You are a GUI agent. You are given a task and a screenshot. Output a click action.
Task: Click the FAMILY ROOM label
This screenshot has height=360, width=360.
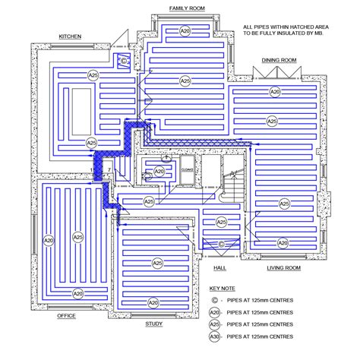tap(186, 8)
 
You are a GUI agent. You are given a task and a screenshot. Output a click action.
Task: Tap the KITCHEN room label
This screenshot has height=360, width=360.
tap(70, 36)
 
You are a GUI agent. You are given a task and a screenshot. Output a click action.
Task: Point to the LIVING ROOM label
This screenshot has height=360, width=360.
tap(283, 268)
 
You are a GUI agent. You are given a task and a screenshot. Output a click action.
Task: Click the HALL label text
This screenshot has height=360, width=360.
tap(219, 268)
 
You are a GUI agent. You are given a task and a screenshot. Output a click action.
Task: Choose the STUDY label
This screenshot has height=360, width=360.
tap(153, 324)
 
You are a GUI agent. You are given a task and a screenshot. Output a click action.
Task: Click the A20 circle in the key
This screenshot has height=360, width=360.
tap(215, 311)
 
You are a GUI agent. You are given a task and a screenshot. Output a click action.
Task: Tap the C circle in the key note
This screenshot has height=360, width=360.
tap(215, 300)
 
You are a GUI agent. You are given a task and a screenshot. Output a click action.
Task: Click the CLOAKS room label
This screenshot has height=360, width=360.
tap(187, 170)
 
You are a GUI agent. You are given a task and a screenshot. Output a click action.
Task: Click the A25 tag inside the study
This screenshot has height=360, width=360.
tap(157, 263)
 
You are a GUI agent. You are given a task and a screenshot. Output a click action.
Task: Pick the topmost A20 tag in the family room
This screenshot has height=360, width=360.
tap(185, 30)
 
